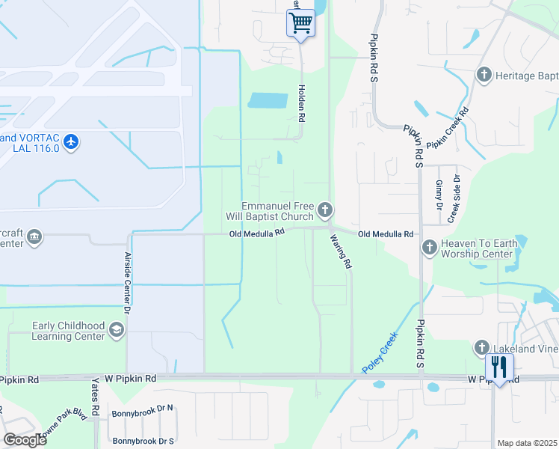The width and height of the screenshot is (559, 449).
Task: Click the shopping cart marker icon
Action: point(300,22)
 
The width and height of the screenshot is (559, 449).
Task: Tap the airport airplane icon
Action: point(71,141)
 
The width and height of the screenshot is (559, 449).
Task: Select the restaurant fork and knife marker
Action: point(499,367)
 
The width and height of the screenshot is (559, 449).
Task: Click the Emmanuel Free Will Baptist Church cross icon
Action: point(325,210)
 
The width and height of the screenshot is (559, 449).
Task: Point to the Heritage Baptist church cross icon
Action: point(484,76)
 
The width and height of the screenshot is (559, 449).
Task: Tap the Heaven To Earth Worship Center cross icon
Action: point(429,247)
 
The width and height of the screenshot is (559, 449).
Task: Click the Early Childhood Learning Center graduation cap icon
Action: point(116,330)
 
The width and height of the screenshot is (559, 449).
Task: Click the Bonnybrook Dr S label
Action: point(143,441)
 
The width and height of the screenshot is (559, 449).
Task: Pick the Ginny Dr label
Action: point(439,195)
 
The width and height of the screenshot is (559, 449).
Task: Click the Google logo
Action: point(24,440)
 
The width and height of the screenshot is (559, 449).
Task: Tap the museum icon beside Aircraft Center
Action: point(34,237)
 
